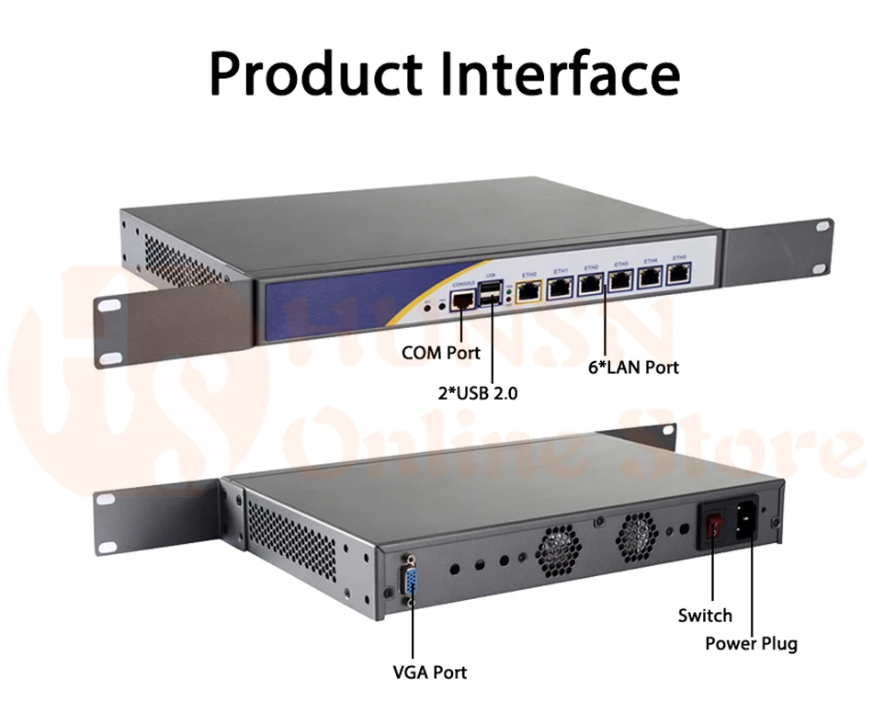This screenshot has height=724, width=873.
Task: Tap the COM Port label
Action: click(441, 353)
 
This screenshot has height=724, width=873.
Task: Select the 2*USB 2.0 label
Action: click(478, 393)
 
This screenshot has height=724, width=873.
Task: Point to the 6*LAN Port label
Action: click(633, 367)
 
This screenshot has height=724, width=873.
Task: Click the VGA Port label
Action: click(429, 673)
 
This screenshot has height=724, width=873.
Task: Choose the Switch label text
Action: click(705, 616)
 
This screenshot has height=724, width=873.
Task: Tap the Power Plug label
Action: click(751, 643)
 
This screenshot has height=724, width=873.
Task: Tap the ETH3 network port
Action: click(621, 279)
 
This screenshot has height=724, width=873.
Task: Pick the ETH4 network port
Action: click(651, 276)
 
